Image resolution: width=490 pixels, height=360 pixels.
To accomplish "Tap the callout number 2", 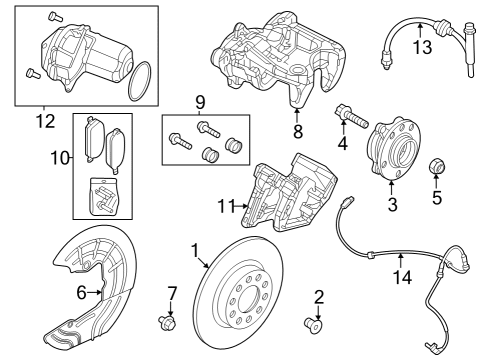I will (x=319, y=296).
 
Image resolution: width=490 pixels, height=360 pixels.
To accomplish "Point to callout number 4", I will (x=343, y=145).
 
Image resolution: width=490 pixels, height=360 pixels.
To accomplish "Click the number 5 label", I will (x=435, y=197).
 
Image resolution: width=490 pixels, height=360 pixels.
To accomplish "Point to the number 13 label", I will (x=422, y=47).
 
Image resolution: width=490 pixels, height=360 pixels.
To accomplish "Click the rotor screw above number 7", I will (x=165, y=321).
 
